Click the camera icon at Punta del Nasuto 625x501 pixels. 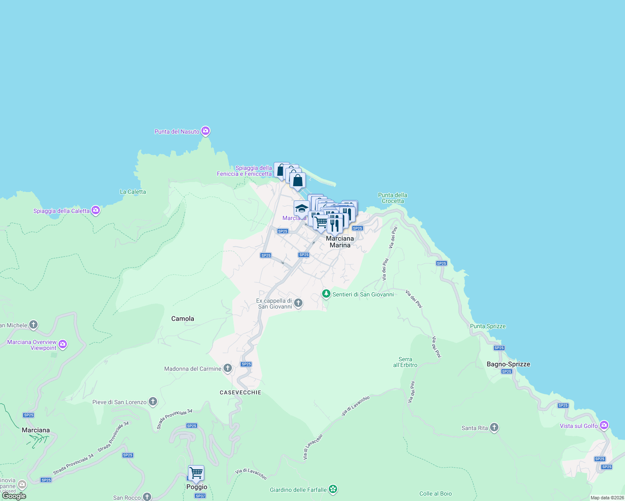(205, 131)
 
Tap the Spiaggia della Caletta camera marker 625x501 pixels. (96, 210)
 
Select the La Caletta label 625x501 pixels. (133, 192)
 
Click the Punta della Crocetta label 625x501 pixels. (392, 198)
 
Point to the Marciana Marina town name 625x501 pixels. (340, 242)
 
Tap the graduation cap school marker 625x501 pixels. (301, 208)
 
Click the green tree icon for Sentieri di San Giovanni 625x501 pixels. (326, 294)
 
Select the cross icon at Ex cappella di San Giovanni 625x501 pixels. (298, 303)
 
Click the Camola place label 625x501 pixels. (183, 319)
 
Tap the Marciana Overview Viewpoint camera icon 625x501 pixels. (63, 344)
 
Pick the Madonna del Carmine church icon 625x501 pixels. (228, 368)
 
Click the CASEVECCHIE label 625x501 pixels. (240, 392)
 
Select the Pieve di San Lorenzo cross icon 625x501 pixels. (153, 402)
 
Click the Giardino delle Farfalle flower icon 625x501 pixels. (333, 489)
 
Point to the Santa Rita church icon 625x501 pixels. (494, 428)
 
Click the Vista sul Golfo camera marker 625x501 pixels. (604, 425)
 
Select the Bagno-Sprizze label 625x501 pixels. (508, 364)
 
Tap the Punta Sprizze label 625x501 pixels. (488, 326)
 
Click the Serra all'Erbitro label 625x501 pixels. (405, 362)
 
